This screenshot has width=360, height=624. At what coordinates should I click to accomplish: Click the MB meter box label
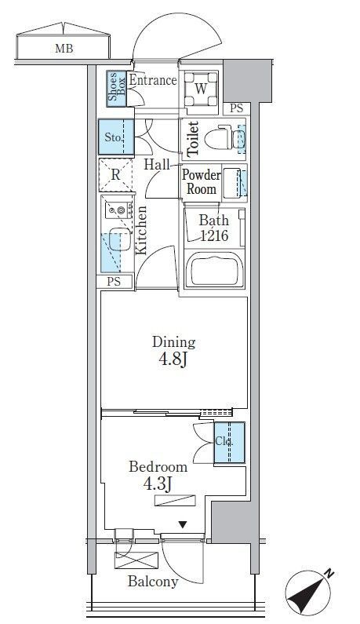pyautogui.click(x=64, y=49)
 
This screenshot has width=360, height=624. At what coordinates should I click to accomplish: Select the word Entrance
pyautogui.click(x=153, y=80)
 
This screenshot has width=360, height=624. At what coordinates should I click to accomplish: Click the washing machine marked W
pyautogui.click(x=201, y=89)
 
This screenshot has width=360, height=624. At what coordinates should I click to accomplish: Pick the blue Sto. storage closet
pyautogui.click(x=116, y=137)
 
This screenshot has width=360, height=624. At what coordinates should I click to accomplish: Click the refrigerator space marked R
pyautogui.click(x=115, y=175)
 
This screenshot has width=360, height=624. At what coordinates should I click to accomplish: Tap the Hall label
pyautogui.click(x=156, y=164)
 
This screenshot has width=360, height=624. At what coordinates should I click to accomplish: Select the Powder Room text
pyautogui.click(x=202, y=182)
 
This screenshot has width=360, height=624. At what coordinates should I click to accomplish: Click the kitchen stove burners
pyautogui.click(x=119, y=210)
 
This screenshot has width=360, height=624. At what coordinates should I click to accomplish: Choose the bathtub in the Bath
pyautogui.click(x=214, y=270)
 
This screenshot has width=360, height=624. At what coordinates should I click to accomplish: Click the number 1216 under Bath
pyautogui.click(x=214, y=236)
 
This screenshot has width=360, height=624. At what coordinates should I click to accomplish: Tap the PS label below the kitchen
pyautogui.click(x=114, y=282)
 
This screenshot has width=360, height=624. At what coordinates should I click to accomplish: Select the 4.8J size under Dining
pyautogui.click(x=173, y=359)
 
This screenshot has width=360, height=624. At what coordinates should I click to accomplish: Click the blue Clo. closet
pyautogui.click(x=230, y=443)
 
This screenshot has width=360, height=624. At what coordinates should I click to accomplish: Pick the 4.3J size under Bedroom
pyautogui.click(x=158, y=484)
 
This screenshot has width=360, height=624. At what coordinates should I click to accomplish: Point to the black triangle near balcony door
pyautogui.click(x=182, y=525)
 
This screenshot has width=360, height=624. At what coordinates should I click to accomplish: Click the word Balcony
pyautogui.click(x=153, y=582)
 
